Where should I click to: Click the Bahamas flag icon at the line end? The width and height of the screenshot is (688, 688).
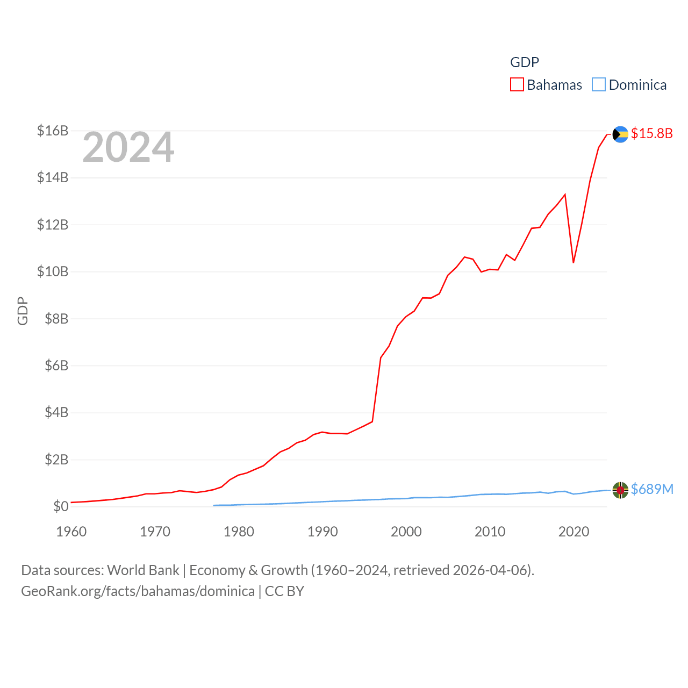coord(620,134)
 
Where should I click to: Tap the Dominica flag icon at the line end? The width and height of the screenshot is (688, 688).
coord(620,490)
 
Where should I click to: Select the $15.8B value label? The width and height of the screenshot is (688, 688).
coord(651,133)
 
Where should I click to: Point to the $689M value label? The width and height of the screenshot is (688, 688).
coord(652,489)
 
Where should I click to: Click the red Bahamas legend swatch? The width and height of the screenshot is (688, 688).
coord(517,85)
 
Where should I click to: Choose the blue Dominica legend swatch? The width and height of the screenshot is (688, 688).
coord(598,85)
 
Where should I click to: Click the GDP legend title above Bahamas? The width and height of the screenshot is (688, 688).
coord(524,62)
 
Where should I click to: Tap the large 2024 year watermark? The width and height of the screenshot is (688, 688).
coord(128,147)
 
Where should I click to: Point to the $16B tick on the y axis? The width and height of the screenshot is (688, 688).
coord(53,131)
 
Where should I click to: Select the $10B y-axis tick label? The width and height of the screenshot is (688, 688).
coord(53,271)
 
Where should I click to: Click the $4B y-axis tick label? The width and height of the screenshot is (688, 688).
coord(53,412)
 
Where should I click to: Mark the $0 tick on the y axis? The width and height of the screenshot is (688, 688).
coord(61,506)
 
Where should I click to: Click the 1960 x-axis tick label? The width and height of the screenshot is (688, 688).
coord(71,532)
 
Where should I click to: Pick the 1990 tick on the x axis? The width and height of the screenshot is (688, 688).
coord(322,532)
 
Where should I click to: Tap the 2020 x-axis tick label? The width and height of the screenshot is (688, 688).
coord(574,532)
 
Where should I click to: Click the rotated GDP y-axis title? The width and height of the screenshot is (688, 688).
coord(23,311)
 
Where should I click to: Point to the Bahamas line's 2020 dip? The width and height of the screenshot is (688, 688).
coord(574,262)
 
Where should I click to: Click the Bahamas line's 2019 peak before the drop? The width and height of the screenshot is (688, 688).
coord(565,195)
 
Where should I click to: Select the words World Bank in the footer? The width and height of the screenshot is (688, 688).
coord(143,570)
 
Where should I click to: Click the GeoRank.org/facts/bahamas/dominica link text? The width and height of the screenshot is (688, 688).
coord(138,591)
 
